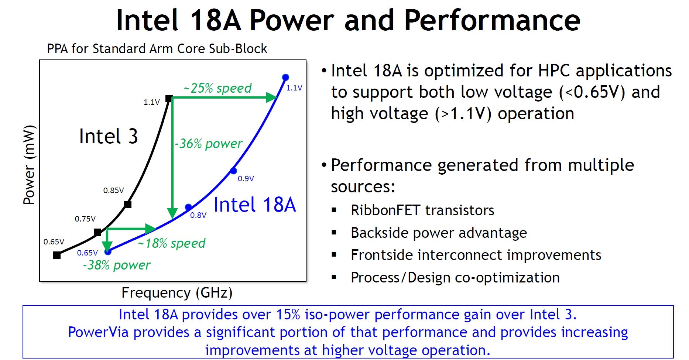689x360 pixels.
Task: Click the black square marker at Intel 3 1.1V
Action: (169, 99)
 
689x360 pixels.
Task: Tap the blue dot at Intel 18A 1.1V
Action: (285, 77)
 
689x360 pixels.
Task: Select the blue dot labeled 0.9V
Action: (233, 171)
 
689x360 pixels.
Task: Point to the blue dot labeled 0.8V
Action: (188, 207)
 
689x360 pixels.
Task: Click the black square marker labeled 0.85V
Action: (128, 204)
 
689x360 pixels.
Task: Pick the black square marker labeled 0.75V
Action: (98, 232)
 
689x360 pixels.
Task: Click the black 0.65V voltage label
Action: (54, 242)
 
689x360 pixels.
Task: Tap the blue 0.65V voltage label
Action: (88, 253)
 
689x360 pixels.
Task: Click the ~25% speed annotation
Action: (218, 88)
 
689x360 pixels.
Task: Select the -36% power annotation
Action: (209, 144)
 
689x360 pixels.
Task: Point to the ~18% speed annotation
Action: (172, 243)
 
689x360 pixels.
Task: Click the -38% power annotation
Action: (117, 265)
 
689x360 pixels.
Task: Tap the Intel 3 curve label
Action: (108, 136)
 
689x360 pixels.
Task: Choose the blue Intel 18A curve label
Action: (254, 205)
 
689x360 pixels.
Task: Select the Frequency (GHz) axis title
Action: (177, 292)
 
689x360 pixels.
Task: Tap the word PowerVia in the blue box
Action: (98, 332)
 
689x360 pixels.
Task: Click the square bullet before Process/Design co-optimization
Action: (334, 277)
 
